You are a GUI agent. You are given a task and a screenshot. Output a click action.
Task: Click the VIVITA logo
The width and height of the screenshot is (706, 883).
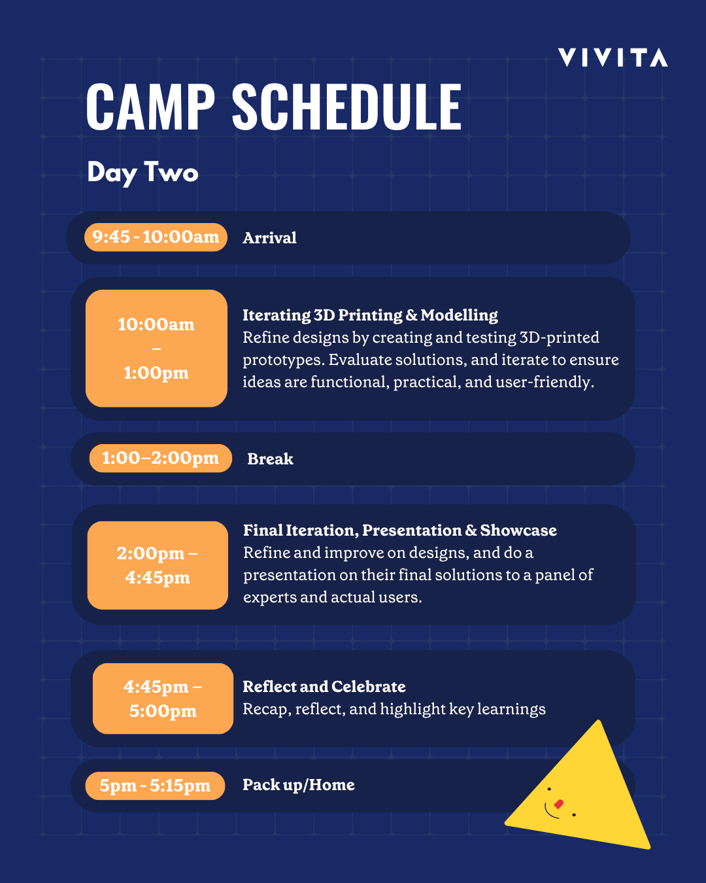(x=613, y=58)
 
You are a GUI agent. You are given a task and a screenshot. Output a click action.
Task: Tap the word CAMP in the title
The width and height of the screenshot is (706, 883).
(x=150, y=107)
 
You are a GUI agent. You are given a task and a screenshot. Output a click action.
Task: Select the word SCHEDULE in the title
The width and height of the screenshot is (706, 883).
(x=346, y=107)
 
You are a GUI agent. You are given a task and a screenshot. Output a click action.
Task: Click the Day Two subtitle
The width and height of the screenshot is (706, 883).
(x=143, y=173)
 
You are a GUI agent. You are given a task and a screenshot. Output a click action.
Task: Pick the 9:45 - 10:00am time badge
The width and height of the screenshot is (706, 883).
(x=156, y=237)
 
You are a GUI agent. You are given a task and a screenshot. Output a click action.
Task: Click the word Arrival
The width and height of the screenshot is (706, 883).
(x=269, y=238)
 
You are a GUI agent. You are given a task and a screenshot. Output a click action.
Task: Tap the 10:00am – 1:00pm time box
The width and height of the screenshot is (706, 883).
(x=156, y=348)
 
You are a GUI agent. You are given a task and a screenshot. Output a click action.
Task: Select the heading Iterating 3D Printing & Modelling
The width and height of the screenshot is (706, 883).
(x=370, y=315)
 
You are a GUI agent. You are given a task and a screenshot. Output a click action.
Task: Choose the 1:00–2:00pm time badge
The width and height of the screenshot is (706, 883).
(x=160, y=458)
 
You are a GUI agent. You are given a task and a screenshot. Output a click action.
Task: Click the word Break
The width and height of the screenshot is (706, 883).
(x=270, y=459)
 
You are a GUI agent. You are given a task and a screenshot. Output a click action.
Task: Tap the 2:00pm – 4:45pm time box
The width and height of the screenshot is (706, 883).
(x=158, y=565)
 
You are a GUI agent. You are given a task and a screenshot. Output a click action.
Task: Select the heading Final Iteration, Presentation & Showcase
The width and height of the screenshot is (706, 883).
(x=399, y=530)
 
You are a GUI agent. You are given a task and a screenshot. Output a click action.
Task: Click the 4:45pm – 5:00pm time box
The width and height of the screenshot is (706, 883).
(x=163, y=699)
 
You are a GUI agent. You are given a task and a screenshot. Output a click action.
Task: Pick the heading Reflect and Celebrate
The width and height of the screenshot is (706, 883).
(x=324, y=687)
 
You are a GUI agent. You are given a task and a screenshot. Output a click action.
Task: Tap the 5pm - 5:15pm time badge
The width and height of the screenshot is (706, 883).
(x=155, y=786)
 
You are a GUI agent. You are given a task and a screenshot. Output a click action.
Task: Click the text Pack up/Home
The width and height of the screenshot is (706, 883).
(x=298, y=785)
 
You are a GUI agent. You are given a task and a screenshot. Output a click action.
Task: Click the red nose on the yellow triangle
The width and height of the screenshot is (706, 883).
(x=558, y=804)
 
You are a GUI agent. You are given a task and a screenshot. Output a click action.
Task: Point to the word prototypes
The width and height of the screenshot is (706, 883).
(x=283, y=360)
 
